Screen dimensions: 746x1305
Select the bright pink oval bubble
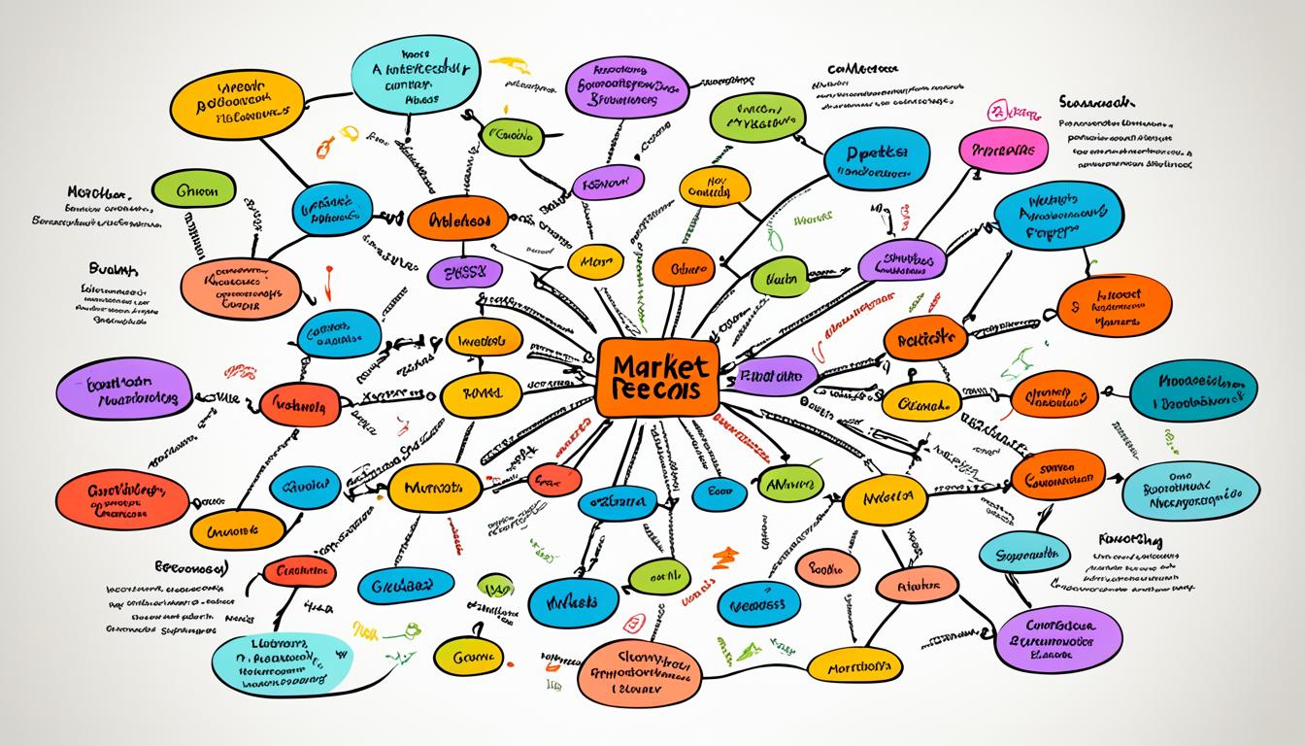(x=1003, y=152)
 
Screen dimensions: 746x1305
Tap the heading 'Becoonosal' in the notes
(x=190, y=566)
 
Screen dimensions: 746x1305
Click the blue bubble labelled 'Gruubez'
(x=407, y=586)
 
